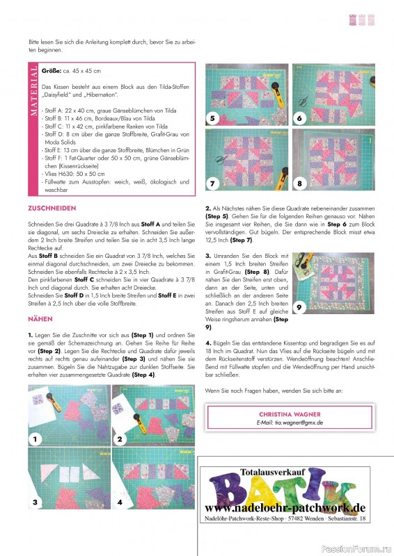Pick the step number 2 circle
120,439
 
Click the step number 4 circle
120,501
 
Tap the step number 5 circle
213,117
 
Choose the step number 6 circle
300,117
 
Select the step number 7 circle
213,183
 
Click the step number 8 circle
300,183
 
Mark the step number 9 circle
299,306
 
